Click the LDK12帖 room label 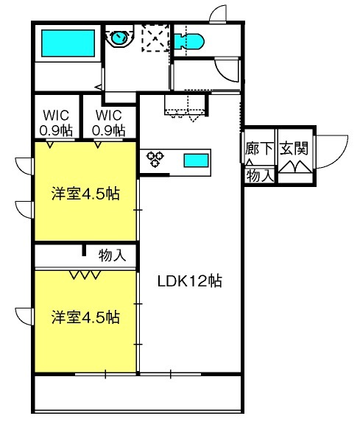(x=190, y=281)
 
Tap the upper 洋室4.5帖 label (x=85, y=194)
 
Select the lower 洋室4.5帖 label (x=85, y=317)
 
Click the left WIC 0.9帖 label (x=56, y=123)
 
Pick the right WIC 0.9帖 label (x=108, y=123)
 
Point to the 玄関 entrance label (x=294, y=149)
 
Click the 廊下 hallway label (x=258, y=149)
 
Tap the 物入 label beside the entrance (x=260, y=176)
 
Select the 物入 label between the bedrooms (x=112, y=255)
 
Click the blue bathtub (x=68, y=43)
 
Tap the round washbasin (x=119, y=38)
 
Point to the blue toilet (x=188, y=41)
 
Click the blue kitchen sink (x=196, y=160)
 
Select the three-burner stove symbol (x=155, y=158)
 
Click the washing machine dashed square (x=155, y=38)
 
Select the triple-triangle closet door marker (x=85, y=275)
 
